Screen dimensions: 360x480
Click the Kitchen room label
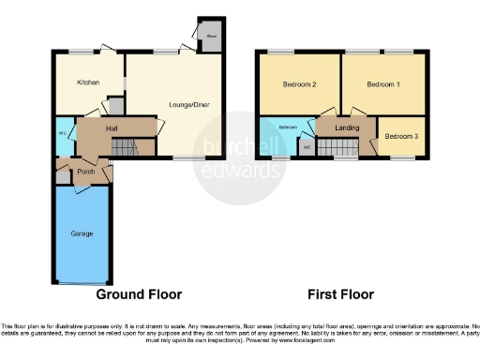pos(88,82)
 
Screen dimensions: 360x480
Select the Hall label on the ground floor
pos(111,129)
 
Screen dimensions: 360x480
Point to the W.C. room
pos(62,133)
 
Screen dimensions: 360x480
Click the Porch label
pos(86,172)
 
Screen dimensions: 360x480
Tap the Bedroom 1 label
pos(382,85)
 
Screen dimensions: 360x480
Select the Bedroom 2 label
pos(298,85)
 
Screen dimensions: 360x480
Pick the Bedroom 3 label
pos(402,137)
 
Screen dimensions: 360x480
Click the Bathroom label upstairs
pos(287,127)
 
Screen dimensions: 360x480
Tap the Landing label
pos(348,129)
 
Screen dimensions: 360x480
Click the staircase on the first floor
pos(338,146)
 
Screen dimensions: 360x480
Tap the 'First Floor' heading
pos(340,293)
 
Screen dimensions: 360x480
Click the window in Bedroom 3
pos(403,158)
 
